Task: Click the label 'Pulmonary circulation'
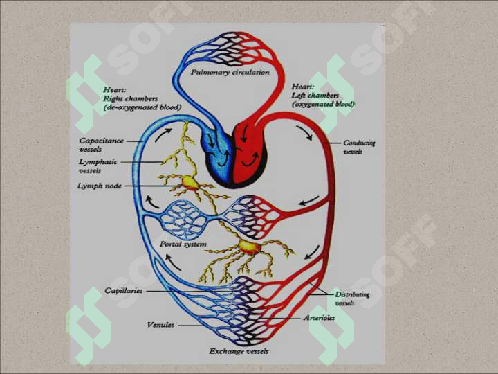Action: [230, 73]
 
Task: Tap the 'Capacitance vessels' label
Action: [101, 145]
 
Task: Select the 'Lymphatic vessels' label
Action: [98, 166]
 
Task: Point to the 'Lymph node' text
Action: [100, 186]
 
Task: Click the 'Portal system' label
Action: [183, 244]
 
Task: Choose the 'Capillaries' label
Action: [124, 291]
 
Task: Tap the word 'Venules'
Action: [160, 325]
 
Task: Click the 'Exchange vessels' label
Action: [239, 351]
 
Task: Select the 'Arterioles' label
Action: [319, 318]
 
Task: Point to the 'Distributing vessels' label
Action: [352, 299]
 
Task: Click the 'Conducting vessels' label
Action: [359, 148]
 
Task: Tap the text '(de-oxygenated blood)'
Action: [142, 107]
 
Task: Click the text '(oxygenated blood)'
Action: [323, 104]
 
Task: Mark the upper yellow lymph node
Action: [190, 183]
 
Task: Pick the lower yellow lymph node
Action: [250, 247]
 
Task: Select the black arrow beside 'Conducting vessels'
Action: [304, 132]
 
